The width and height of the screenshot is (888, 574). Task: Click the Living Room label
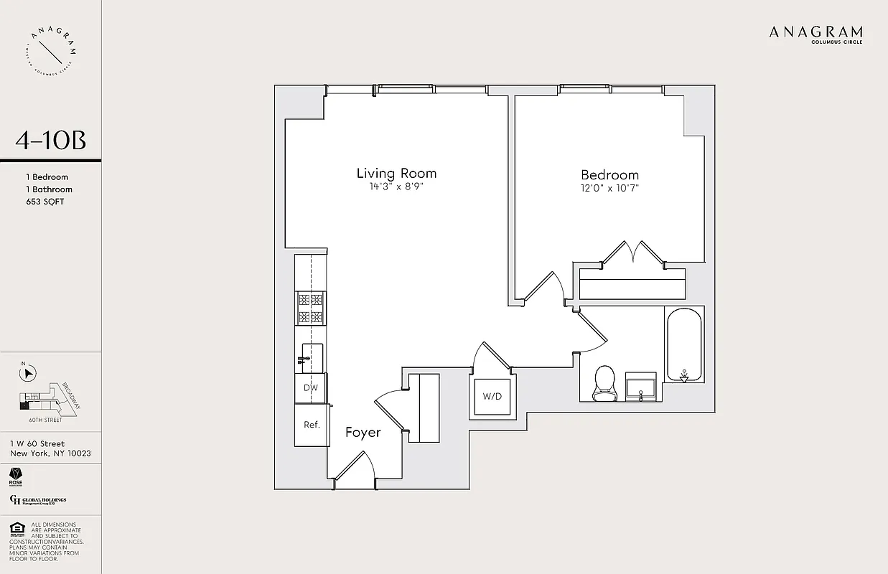point(396,173)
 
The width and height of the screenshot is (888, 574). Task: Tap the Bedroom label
point(609,174)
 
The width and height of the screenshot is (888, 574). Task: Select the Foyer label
point(363,432)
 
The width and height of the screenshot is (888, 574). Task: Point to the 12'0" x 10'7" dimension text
point(609,189)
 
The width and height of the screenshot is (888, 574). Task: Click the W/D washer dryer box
point(492,396)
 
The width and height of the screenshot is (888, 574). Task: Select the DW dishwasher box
point(310,387)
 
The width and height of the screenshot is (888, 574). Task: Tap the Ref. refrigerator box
point(311,425)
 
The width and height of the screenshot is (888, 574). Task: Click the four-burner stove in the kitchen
point(310,309)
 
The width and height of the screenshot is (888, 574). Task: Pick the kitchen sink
point(311,356)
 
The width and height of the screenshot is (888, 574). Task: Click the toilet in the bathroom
point(604,383)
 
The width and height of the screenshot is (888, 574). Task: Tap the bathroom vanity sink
point(641,386)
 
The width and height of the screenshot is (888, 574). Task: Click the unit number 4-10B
point(50,141)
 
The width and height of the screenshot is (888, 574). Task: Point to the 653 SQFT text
point(45,202)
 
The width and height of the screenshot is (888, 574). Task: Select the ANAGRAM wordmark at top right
point(815,32)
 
